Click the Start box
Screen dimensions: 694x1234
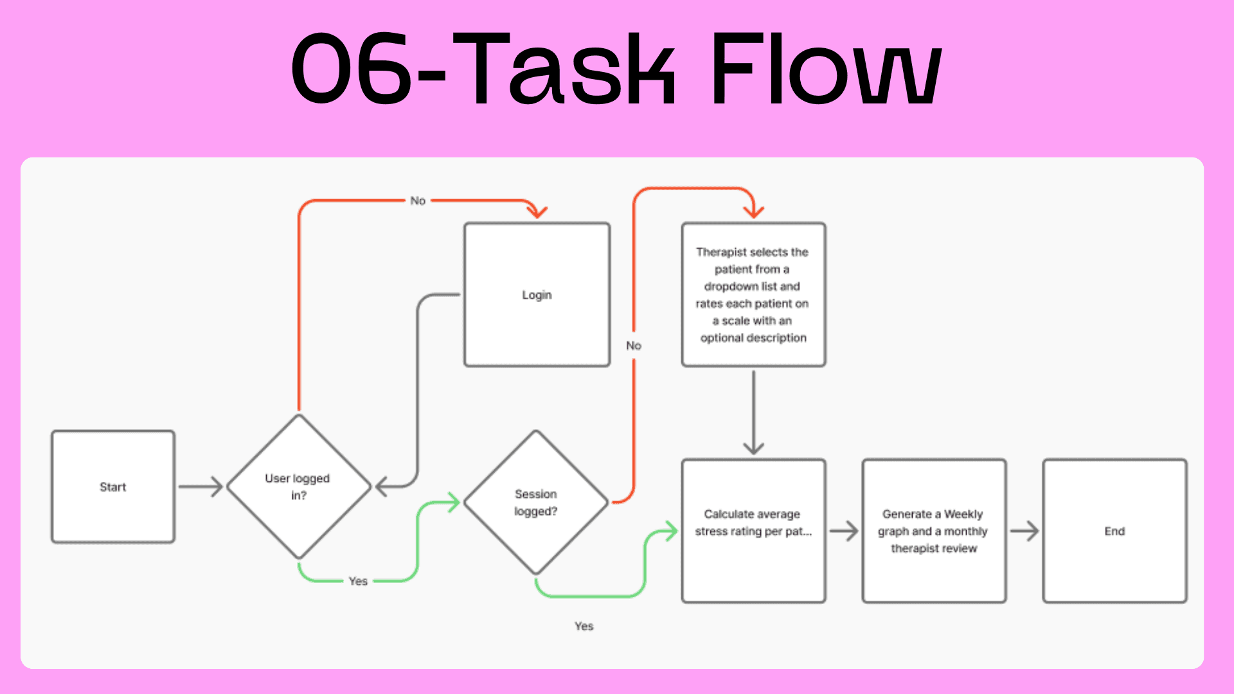pos(113,486)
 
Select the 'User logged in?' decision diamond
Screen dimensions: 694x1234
pos(298,486)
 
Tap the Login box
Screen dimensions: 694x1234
pos(537,295)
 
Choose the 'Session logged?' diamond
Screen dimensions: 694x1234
pos(535,503)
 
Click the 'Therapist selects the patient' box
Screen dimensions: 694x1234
pos(753,295)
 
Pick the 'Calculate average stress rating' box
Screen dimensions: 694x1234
pos(753,531)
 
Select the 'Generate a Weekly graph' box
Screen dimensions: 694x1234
pos(934,531)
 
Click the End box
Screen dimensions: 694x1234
pos(1114,531)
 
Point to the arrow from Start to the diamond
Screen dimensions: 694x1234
pos(201,486)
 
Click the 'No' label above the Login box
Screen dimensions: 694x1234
pos(418,200)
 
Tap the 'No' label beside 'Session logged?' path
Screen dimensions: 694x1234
pos(634,346)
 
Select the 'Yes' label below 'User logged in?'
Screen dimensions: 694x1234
pos(358,581)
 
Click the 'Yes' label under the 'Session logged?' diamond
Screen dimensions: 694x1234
pos(584,626)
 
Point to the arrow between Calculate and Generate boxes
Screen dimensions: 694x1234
pos(844,531)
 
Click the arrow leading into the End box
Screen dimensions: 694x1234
pos(1024,531)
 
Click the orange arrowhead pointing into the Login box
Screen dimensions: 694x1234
pos(537,211)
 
